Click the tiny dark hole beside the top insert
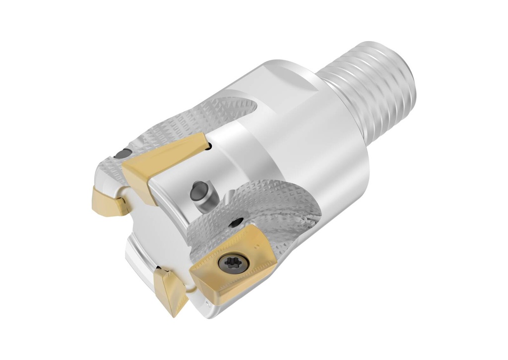[x=210, y=145]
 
